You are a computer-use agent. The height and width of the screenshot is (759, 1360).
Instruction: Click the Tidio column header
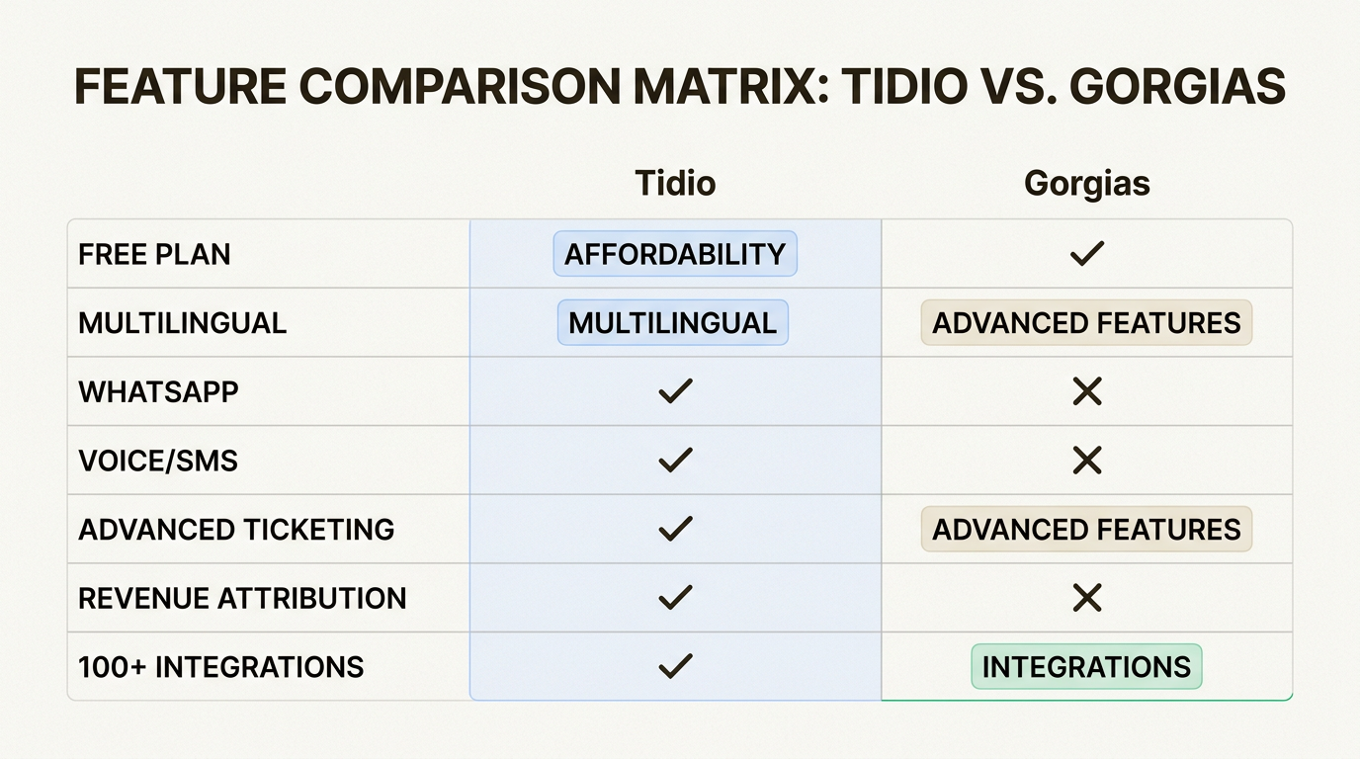675,184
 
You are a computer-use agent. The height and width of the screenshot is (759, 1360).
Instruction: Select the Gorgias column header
1086,184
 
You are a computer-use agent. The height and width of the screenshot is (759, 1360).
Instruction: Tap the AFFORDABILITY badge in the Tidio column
675,254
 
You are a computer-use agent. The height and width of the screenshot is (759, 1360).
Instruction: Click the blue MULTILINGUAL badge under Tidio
673,323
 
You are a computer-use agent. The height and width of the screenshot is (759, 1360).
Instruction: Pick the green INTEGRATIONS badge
1086,666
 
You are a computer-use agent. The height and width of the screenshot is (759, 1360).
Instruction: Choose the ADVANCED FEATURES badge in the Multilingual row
1086,323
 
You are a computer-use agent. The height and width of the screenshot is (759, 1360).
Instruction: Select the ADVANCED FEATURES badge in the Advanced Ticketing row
1086,529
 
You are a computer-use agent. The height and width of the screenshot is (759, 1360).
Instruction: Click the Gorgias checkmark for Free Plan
1086,254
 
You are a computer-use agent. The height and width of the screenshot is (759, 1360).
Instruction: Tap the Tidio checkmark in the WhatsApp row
675,391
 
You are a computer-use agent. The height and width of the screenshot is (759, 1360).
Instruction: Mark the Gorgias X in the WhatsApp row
1086,392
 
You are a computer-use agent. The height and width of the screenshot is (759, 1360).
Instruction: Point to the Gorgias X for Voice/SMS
1086,461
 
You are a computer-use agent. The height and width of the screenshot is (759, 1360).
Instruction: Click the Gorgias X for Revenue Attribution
1086,598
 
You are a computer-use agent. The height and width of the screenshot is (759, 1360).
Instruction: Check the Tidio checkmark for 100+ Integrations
675,666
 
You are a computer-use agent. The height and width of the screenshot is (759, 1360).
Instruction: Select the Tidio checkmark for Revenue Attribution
675,598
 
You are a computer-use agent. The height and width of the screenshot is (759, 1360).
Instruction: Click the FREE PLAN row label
154,254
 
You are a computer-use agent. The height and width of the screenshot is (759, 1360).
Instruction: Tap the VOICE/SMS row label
158,461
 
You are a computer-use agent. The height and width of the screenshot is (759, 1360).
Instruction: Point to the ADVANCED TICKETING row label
236,529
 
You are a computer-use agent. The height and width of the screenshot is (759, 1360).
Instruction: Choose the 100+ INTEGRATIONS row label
221,666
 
